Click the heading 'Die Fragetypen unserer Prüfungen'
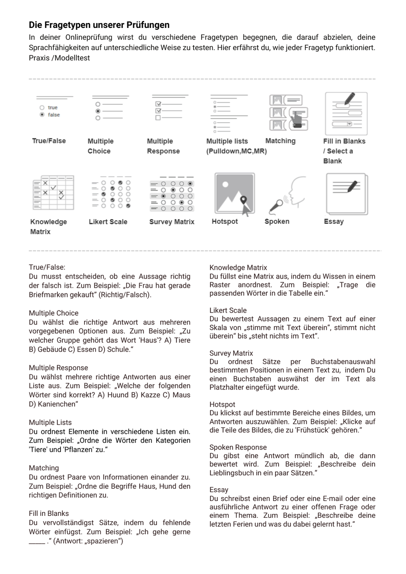coord(99,25)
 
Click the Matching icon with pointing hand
coord(289,113)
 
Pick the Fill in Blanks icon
coord(346,113)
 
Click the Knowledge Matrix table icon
coord(53,192)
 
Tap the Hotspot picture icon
coord(234,194)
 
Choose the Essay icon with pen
coord(347,194)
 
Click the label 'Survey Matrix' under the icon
coord(172,222)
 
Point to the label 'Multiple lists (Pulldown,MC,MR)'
coord(236,146)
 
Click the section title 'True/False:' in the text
coord(47,267)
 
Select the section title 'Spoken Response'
coord(238,447)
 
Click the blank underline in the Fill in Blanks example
coord(37,541)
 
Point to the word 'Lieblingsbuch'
coord(231,473)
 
